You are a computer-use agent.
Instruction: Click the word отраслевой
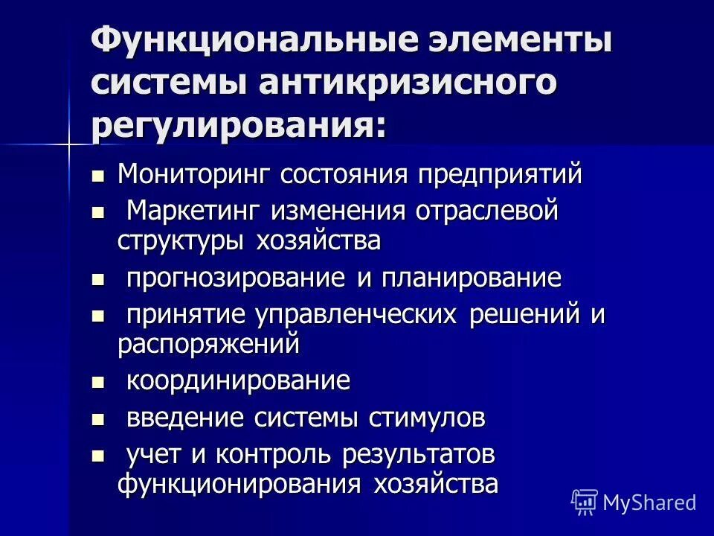point(487,211)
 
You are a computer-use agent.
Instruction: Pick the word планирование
point(472,279)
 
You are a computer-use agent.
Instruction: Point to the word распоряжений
point(209,344)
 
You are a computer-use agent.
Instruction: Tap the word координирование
point(238,382)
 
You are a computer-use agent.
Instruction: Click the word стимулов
point(427,418)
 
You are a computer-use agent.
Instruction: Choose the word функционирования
point(237,484)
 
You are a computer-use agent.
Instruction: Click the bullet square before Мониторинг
point(97,177)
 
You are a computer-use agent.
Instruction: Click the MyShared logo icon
point(585,502)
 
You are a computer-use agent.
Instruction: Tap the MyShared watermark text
point(649,502)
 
